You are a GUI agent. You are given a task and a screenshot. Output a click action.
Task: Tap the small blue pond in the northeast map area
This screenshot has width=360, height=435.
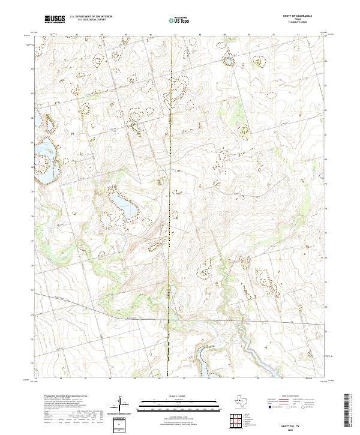coord(228,59)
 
